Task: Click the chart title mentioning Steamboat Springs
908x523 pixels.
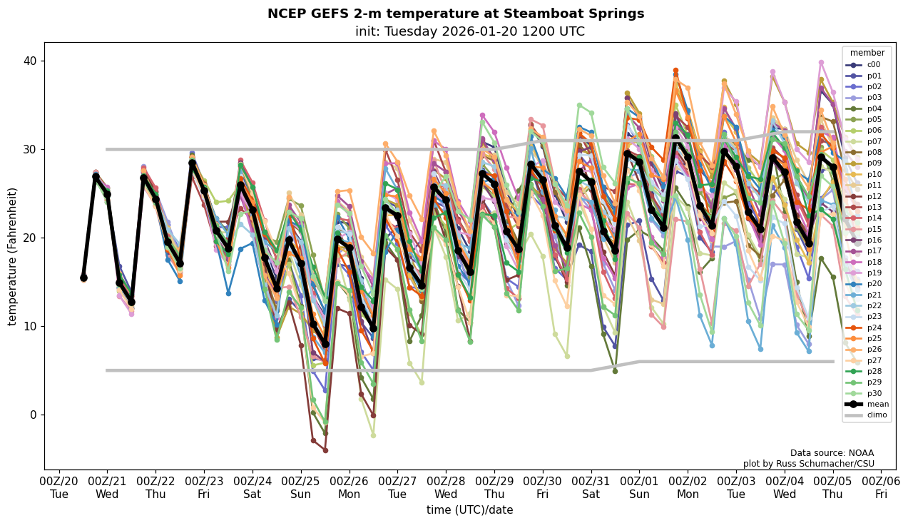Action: [x=455, y=14]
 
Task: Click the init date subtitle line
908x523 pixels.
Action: [x=469, y=31]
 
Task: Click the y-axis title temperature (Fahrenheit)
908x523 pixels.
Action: [x=12, y=256]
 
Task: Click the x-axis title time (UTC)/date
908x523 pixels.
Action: [x=469, y=510]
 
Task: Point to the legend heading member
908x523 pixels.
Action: [x=867, y=53]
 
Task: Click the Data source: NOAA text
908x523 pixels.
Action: [x=832, y=453]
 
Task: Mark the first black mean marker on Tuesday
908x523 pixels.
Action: [x=83, y=278]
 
